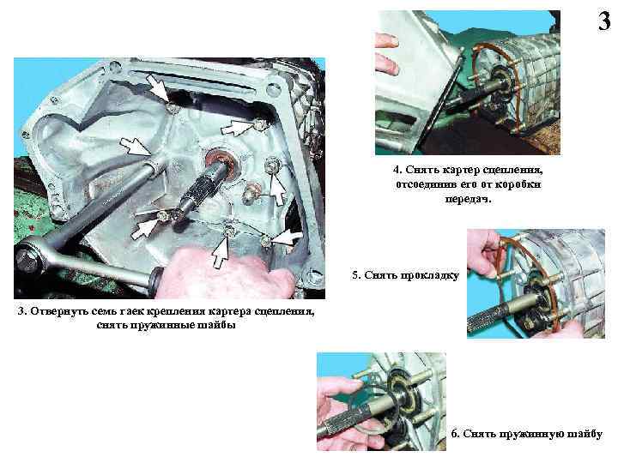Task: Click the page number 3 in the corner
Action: point(604,21)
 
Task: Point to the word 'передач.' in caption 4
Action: point(469,199)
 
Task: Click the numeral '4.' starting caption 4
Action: point(397,170)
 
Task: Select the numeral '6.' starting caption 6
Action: point(455,434)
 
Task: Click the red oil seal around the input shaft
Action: point(222,160)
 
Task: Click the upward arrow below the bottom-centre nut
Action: point(221,251)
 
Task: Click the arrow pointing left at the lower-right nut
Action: point(286,238)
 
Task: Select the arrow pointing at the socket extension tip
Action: point(135,146)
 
